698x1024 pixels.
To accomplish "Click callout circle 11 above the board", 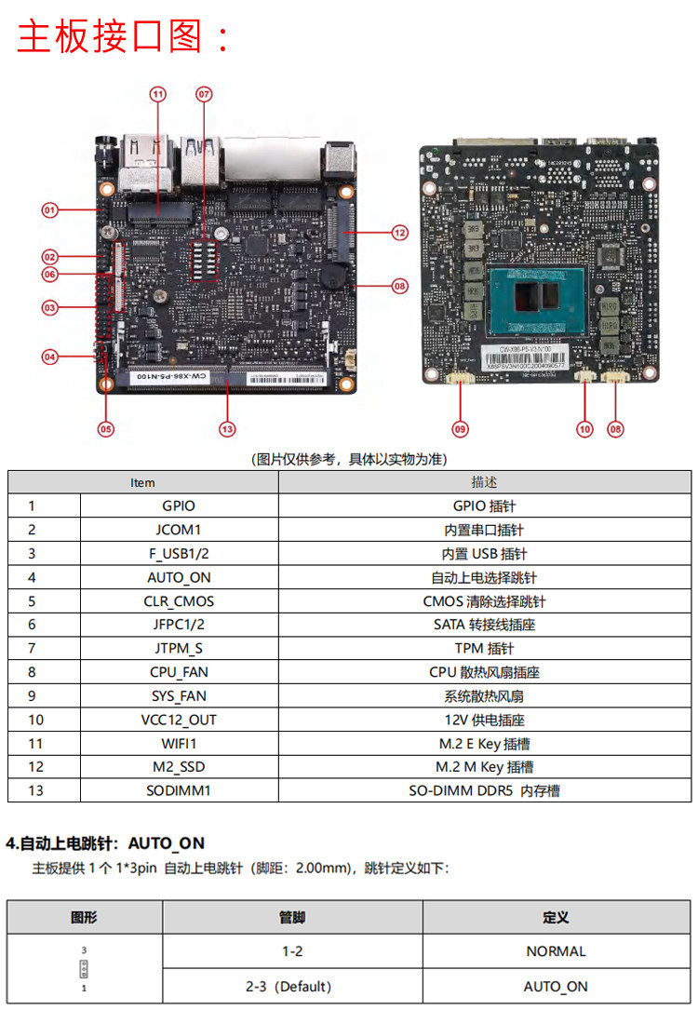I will tap(157, 94).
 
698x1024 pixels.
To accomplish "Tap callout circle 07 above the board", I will tap(204, 94).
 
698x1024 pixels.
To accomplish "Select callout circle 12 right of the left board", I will tap(399, 233).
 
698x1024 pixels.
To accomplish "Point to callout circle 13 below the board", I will tap(227, 429).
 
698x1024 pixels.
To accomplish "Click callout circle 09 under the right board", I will tap(460, 429).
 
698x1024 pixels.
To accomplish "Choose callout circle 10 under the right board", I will tap(584, 429).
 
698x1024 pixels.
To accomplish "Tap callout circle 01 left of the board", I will tap(49, 210).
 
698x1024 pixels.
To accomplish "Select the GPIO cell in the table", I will tap(179, 506).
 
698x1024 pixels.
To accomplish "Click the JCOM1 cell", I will tap(179, 530).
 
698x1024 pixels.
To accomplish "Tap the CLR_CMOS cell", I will tap(179, 601).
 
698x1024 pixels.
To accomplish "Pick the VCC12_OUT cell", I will tap(179, 720).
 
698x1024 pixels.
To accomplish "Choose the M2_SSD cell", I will tap(179, 767).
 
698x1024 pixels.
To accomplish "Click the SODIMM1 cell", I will tap(179, 790).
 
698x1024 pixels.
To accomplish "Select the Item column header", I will tap(142, 482).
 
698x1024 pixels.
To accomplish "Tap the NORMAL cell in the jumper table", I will tap(556, 951).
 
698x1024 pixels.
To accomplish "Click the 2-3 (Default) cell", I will tap(292, 986).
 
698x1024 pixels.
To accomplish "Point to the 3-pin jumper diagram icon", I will tap(84, 969).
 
